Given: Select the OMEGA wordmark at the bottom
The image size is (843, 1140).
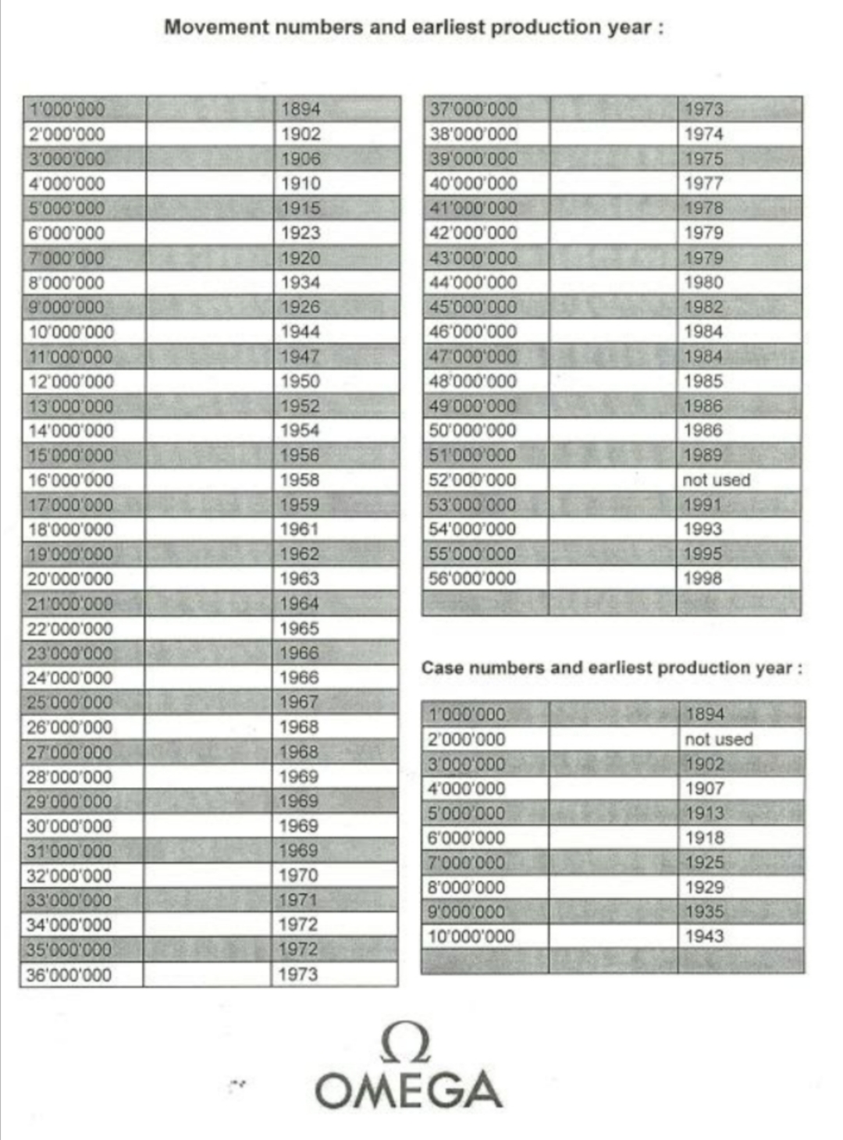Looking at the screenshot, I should point(408,1090).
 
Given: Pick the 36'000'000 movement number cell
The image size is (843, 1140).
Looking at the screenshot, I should point(69,975).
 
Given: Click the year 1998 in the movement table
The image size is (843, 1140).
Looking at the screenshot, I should point(702,579).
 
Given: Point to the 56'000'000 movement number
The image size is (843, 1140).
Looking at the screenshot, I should point(472,579).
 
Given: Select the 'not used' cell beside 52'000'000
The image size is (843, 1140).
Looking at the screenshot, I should point(716,480).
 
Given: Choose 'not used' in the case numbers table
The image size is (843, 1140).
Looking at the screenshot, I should point(718,739).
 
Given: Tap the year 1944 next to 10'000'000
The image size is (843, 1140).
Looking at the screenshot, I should point(301,332).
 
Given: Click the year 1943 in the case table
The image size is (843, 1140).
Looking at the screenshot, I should point(704,936).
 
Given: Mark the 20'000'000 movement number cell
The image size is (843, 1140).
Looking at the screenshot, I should point(70,579).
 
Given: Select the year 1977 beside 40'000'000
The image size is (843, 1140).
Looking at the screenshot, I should point(703,183).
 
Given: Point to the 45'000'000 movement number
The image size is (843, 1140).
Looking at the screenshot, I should point(473,307).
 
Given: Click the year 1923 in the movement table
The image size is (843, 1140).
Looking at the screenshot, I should point(301,233).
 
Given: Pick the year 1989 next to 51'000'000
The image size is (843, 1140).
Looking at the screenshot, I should point(702,455).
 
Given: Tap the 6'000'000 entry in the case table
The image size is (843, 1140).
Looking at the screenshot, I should point(466,839).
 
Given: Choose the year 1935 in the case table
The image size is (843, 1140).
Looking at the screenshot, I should point(704,912).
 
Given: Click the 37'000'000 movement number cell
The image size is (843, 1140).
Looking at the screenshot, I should point(473,109).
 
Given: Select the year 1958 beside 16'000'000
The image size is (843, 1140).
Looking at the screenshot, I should point(300,480).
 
